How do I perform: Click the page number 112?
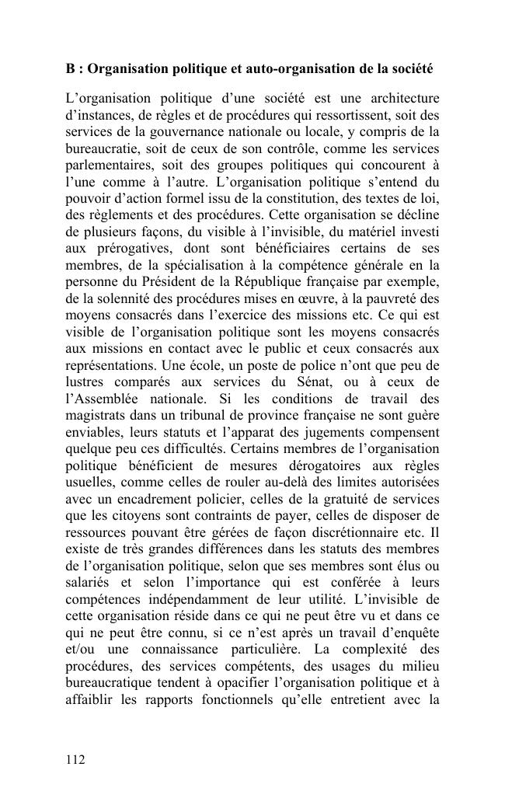tap(75, 759)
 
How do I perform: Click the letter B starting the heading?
tap(70, 69)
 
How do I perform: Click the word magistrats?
tap(92, 415)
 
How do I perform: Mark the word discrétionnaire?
tap(364, 532)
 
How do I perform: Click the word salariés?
tap(88, 582)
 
